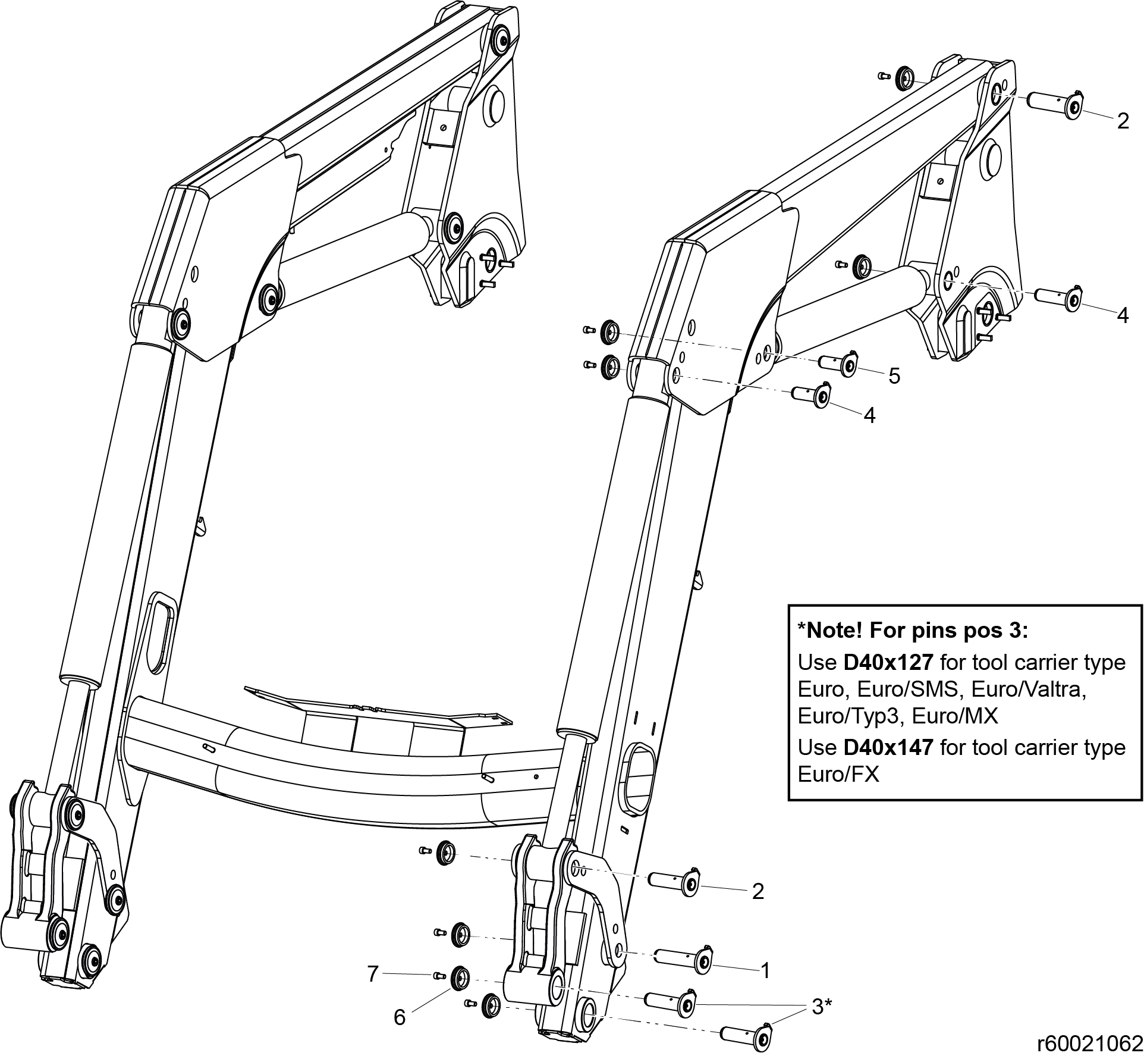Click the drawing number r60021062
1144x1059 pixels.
tap(1089, 1043)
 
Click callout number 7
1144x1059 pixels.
tap(373, 974)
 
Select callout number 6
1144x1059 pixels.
tap(400, 1017)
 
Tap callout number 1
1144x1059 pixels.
tap(765, 971)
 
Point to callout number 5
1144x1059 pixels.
tap(894, 376)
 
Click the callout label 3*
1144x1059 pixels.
tap(821, 1007)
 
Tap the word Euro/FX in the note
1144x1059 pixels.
tap(838, 775)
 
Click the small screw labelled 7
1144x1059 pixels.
tap(440, 975)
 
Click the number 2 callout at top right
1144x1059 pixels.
tap(1123, 121)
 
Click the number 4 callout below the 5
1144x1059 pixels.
tap(869, 416)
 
